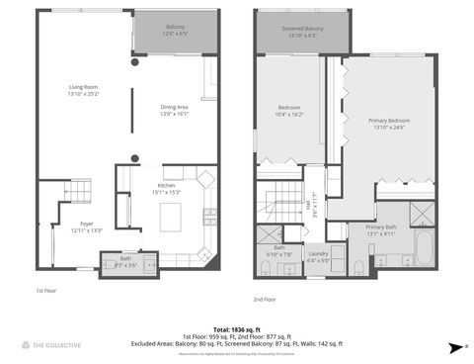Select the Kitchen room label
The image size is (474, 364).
pyautogui.click(x=165, y=189)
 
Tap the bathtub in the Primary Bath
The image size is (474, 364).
pyautogui.click(x=424, y=248)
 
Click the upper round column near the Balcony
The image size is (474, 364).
pyautogui.click(x=135, y=62)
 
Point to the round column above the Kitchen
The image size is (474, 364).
pyautogui.click(x=135, y=156)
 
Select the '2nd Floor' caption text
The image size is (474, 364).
pyautogui.click(x=266, y=298)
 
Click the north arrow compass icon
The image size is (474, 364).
pyautogui.click(x=453, y=348)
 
